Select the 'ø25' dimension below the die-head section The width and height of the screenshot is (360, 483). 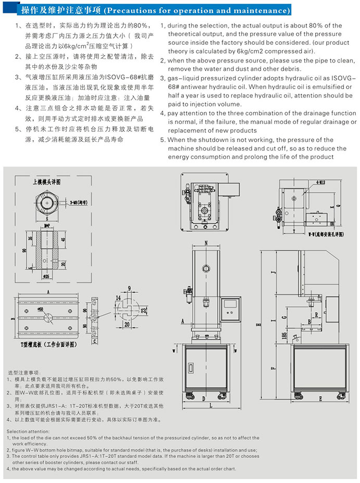tap(46, 275)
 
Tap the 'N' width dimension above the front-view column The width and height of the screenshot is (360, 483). tap(206, 243)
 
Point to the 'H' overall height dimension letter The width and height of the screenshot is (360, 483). tap(257, 324)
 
